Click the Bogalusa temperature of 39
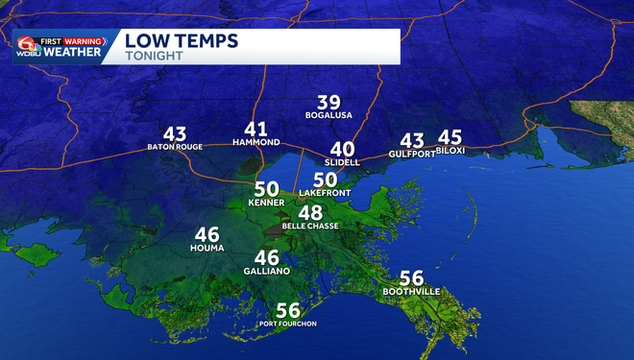pyautogui.click(x=329, y=103)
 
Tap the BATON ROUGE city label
pyautogui.click(x=175, y=148)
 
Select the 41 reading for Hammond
pyautogui.click(x=256, y=129)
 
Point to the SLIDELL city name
pyautogui.click(x=343, y=162)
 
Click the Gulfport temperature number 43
pyautogui.click(x=412, y=141)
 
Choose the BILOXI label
pyautogui.click(x=451, y=151)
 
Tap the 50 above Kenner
pyautogui.click(x=266, y=190)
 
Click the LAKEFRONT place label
pyautogui.click(x=325, y=193)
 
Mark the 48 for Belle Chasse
pyautogui.click(x=310, y=213)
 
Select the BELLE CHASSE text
pyautogui.click(x=309, y=227)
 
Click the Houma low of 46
pyautogui.click(x=207, y=234)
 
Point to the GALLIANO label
pyautogui.click(x=267, y=271)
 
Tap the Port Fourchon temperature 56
pyautogui.click(x=288, y=310)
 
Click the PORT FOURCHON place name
pyautogui.click(x=288, y=324)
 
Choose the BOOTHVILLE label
pyautogui.click(x=411, y=291)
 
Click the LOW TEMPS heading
pyautogui.click(x=183, y=41)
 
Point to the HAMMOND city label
pyautogui.click(x=256, y=142)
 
